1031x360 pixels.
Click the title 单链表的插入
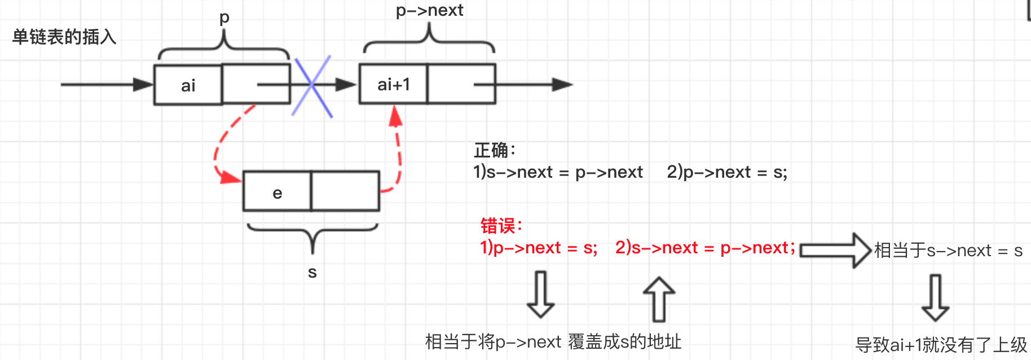point(64,37)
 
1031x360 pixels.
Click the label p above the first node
point(224,18)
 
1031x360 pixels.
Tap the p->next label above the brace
point(429,11)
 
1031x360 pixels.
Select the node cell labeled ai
point(188,85)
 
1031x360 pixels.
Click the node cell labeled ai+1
point(394,85)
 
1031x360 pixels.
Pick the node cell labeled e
point(277,192)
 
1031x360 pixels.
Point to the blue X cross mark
point(312,86)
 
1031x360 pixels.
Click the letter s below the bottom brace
point(312,273)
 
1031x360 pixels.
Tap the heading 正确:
point(495,151)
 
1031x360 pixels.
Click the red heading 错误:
point(501,226)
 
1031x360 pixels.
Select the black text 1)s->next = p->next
point(558,172)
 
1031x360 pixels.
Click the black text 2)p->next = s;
point(727,172)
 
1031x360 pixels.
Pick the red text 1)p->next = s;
point(539,248)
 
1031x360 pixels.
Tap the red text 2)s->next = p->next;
point(705,248)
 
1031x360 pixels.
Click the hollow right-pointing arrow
point(835,250)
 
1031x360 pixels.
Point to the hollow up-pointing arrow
point(659,299)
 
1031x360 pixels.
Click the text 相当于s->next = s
point(948,251)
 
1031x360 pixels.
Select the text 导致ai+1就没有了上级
point(941,344)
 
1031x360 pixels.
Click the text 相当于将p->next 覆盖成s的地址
point(553,342)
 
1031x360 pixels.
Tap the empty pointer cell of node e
point(345,191)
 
